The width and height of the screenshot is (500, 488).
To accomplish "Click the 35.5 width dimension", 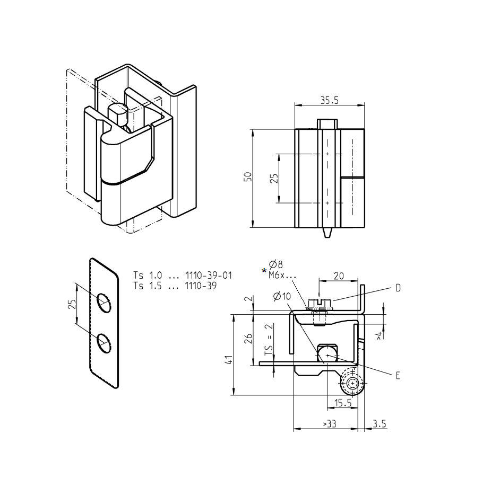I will coord(330,99).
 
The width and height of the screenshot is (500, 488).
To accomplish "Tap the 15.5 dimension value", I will coord(343,403).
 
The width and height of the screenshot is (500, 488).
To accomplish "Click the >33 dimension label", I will coord(329,424).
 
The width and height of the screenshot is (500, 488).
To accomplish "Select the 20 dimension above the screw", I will coord(338,276).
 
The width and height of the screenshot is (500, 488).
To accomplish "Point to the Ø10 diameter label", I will coord(282,297).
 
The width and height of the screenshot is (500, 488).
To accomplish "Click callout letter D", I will coord(398,288).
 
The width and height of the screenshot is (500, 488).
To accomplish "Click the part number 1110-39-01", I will coord(209,276).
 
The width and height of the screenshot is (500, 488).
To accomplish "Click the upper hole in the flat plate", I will coord(104,301).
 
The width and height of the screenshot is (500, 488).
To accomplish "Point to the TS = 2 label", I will coord(269,339).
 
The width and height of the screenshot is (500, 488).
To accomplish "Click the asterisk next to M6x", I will coord(264,272).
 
